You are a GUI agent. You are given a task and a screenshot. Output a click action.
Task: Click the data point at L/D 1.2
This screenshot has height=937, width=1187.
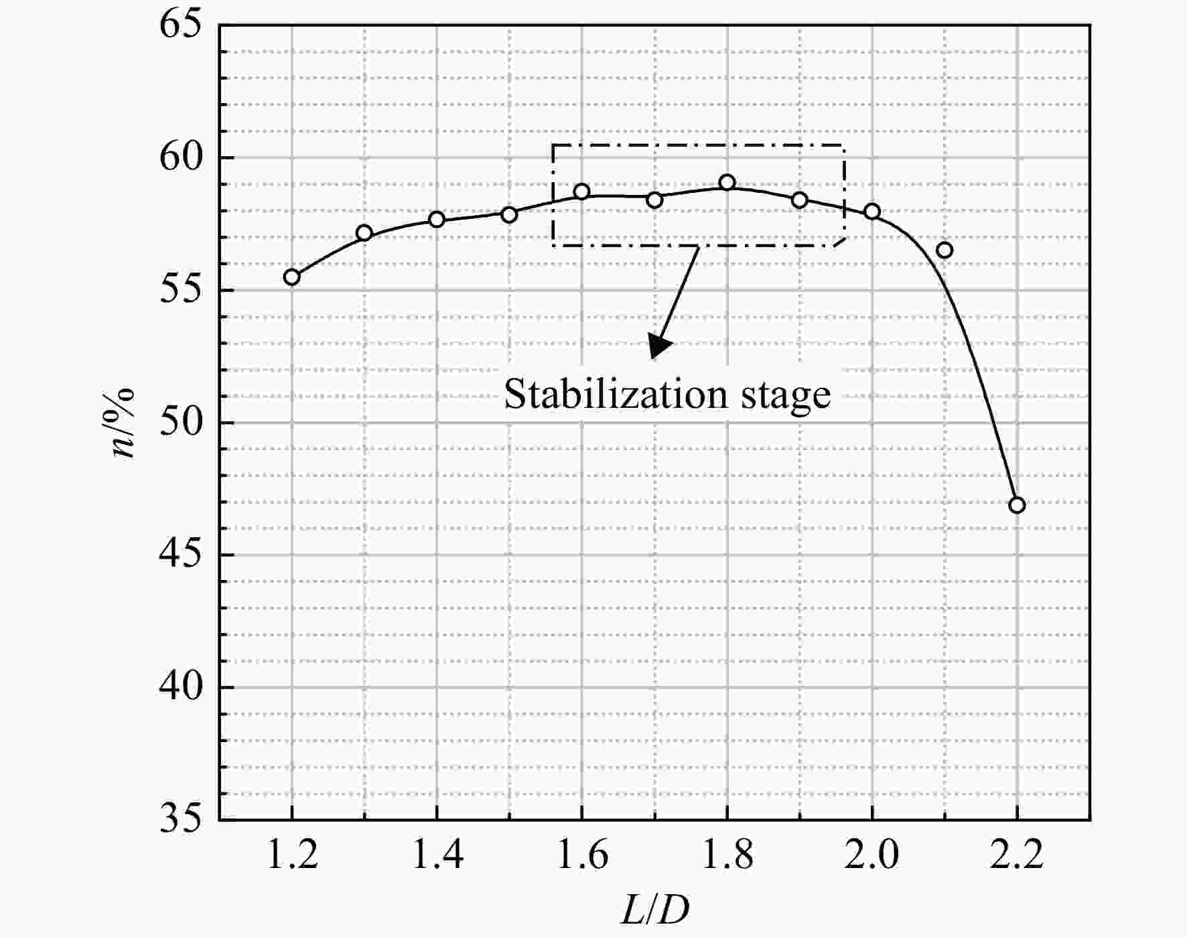291,277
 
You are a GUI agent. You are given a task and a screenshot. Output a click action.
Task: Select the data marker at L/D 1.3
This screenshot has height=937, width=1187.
364,233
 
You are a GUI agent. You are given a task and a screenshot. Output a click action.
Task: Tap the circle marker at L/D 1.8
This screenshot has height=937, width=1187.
727,182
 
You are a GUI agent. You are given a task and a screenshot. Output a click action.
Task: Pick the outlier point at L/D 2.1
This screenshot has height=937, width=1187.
945,250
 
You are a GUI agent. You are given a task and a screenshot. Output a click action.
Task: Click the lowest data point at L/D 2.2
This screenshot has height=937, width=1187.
1017,505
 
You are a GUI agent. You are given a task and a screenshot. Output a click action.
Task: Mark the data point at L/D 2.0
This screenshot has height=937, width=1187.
871,212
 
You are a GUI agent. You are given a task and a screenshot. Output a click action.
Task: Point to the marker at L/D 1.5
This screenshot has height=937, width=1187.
509,214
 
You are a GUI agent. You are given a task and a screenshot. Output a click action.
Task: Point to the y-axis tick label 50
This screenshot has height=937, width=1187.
180,423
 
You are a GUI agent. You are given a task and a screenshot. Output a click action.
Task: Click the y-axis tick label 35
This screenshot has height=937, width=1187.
180,819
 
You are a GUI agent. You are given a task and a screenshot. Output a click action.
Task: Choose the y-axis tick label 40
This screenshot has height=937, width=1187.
180,688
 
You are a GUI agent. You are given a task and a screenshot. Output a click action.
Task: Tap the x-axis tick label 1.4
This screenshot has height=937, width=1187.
437,855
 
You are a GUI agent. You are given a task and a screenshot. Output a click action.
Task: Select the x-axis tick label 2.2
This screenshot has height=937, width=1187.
1017,855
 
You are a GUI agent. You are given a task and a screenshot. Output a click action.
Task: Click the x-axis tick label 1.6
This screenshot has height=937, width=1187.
581,855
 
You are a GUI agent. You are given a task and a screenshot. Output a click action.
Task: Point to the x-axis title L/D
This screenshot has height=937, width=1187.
654,910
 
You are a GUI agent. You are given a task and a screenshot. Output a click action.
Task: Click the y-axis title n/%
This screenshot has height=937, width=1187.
124,423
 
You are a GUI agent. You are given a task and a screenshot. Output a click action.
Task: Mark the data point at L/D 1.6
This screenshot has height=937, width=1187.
581,192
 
